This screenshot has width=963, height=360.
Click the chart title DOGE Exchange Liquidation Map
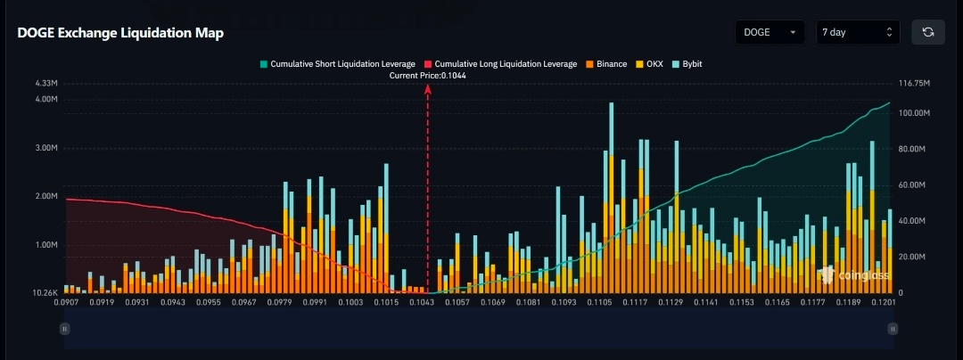point(120,33)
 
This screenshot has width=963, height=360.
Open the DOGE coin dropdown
point(770,32)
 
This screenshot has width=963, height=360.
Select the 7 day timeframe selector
point(857,32)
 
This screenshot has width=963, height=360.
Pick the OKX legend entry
point(653,64)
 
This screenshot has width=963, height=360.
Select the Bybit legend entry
point(688,64)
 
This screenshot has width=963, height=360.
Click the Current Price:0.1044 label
point(428,76)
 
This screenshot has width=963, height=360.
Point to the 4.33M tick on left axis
point(46,83)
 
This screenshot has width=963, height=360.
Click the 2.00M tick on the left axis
point(46,196)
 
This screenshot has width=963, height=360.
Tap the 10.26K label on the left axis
point(45,293)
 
